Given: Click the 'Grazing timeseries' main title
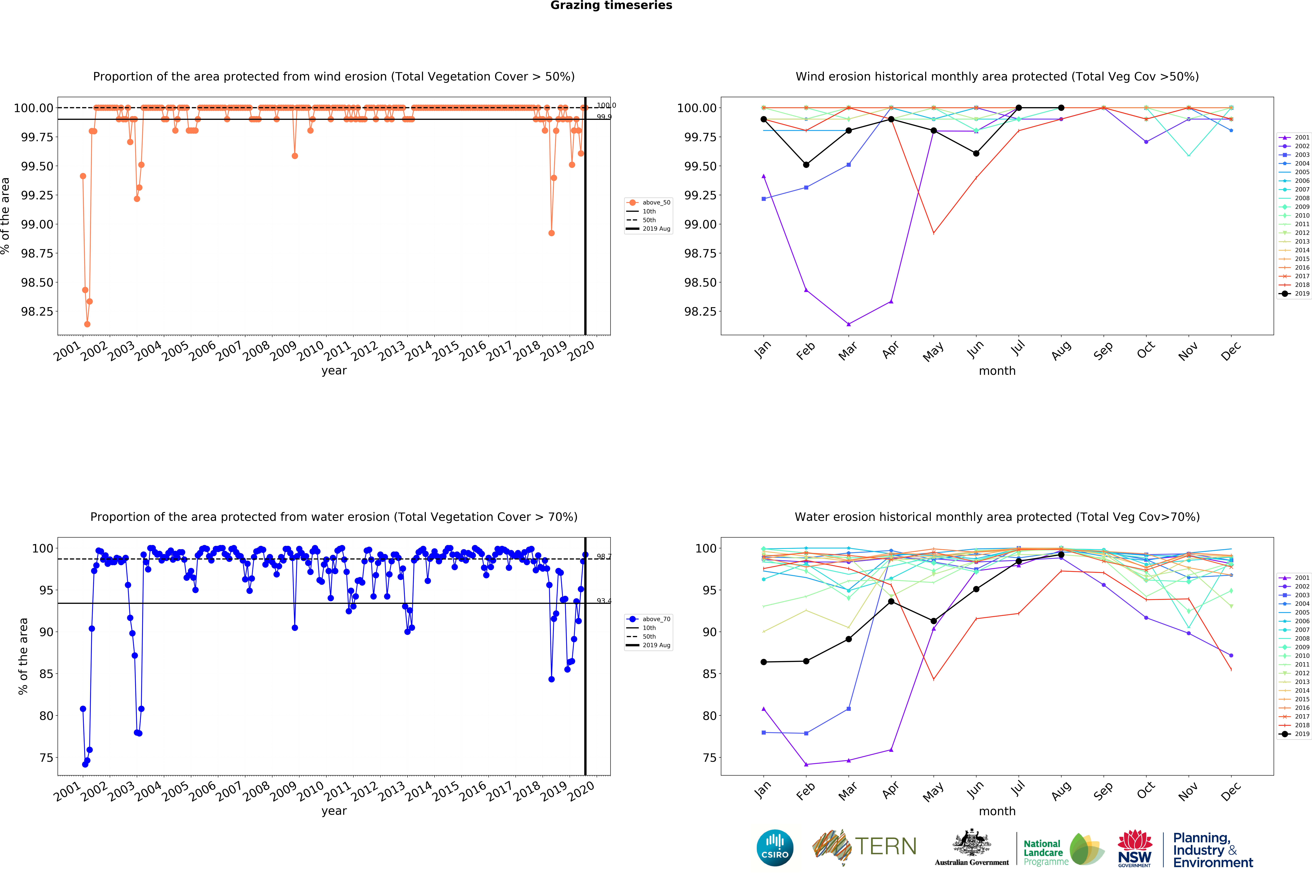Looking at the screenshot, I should pyautogui.click(x=611, y=6).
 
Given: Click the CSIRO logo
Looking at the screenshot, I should pyautogui.click(x=775, y=848).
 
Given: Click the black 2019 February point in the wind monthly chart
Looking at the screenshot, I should pyautogui.click(x=806, y=165).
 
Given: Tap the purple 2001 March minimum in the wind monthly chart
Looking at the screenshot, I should pyautogui.click(x=849, y=324).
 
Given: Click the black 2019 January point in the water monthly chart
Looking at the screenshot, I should pyautogui.click(x=764, y=662).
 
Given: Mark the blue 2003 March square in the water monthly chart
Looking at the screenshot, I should pyautogui.click(x=849, y=709).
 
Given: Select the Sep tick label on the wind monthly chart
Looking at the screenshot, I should pyautogui.click(x=1103, y=351).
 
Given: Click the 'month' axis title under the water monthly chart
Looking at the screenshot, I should pyautogui.click(x=997, y=811).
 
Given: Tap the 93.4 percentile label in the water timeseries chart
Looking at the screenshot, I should pyautogui.click(x=603, y=601).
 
